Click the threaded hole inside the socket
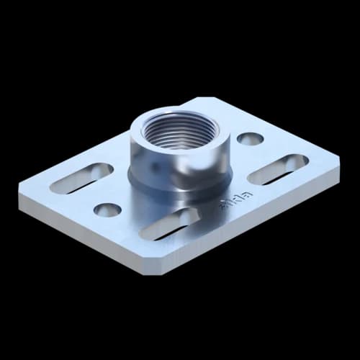click(x=177, y=132)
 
